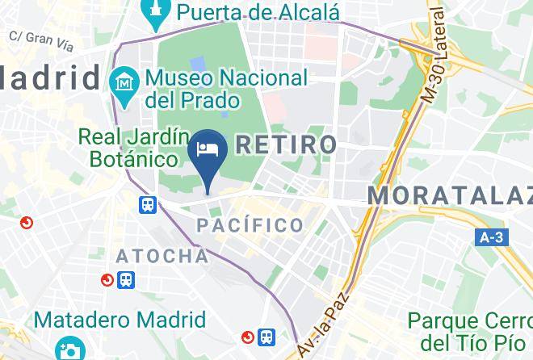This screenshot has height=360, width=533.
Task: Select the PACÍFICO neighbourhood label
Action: click(251, 225)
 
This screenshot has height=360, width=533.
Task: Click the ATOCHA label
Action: click(162, 257)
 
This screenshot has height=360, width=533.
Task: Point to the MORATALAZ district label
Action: click(450, 195)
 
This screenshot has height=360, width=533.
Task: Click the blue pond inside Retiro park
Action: click(198, 63)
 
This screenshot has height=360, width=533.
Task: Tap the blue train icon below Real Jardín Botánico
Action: click(147, 205)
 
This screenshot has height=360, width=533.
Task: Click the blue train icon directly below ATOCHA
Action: click(126, 280)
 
